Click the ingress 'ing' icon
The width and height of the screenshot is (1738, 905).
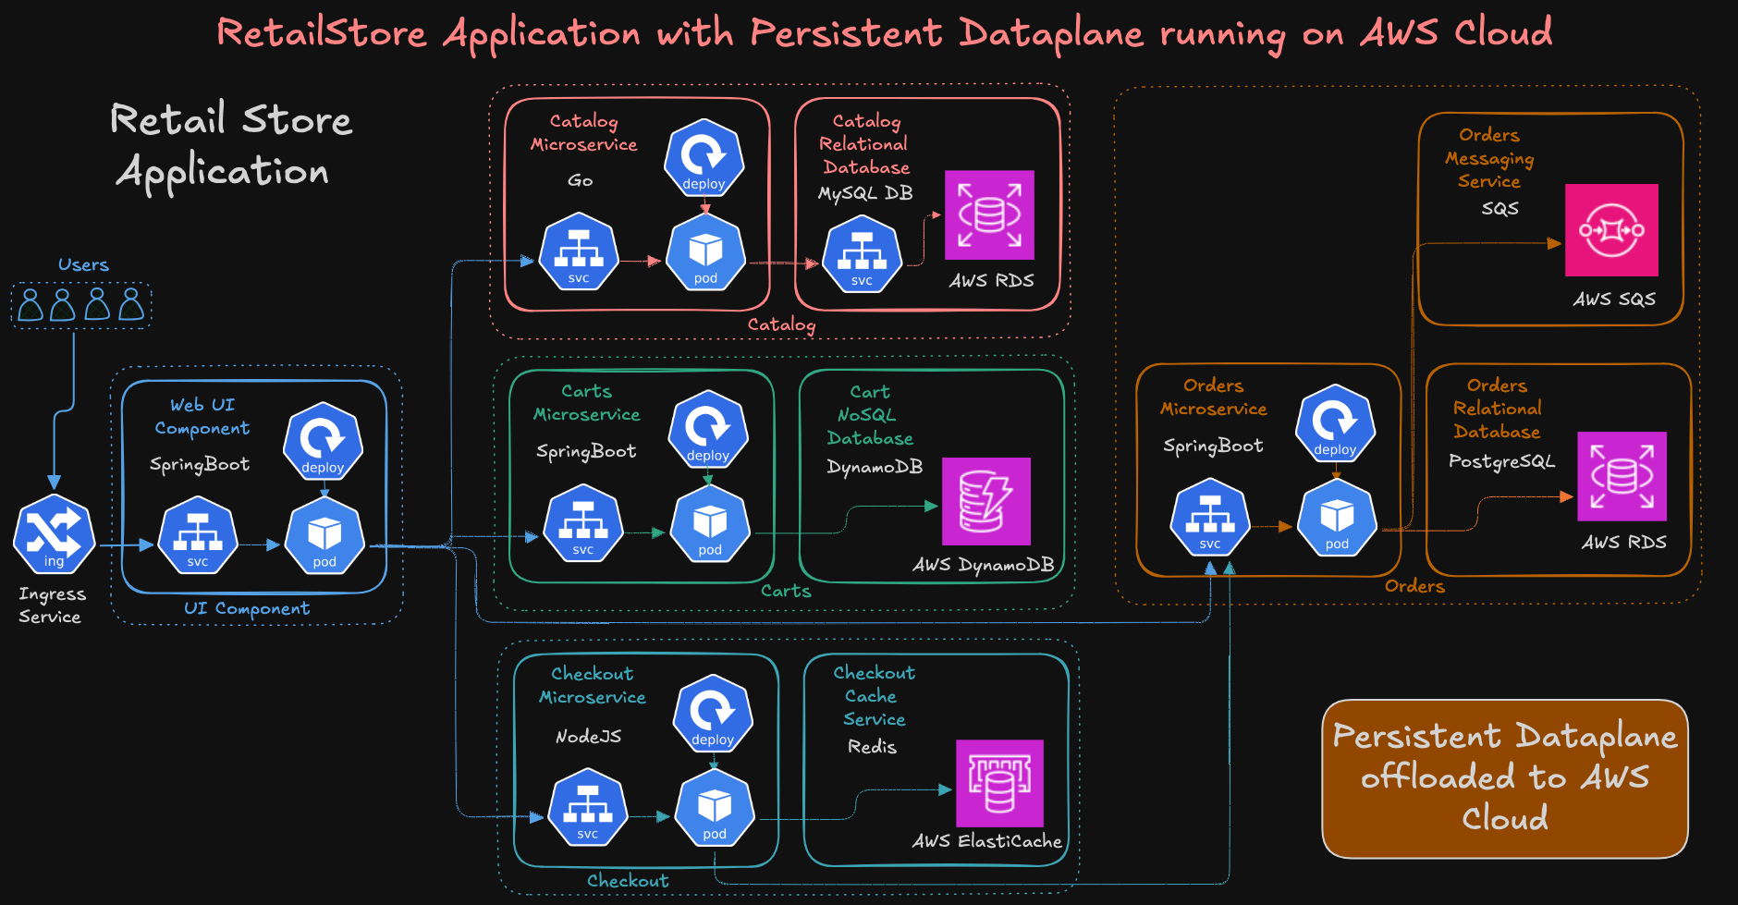54,534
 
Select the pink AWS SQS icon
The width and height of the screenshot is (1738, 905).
1611,230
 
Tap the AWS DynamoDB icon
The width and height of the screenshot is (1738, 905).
986,501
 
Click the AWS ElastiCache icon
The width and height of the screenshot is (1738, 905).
999,783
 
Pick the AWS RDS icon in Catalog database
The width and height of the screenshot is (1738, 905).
989,214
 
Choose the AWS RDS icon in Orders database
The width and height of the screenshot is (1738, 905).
1622,476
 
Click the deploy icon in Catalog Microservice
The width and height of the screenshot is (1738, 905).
704,158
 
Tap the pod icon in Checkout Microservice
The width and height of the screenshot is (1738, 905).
715,809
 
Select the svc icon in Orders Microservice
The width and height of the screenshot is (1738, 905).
1210,518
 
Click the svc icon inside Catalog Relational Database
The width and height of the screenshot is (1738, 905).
862,254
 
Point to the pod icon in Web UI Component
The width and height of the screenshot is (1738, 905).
324,536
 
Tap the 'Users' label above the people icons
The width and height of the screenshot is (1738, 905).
83,264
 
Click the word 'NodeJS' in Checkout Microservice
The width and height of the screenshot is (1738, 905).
588,737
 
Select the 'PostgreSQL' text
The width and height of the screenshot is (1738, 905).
1501,460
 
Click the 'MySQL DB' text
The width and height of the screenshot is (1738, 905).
865,193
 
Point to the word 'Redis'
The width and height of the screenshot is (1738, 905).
872,747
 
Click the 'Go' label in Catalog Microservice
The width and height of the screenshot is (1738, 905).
581,180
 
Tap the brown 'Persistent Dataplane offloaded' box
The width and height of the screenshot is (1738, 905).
1504,778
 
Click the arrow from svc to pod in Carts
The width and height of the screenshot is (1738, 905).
645,532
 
